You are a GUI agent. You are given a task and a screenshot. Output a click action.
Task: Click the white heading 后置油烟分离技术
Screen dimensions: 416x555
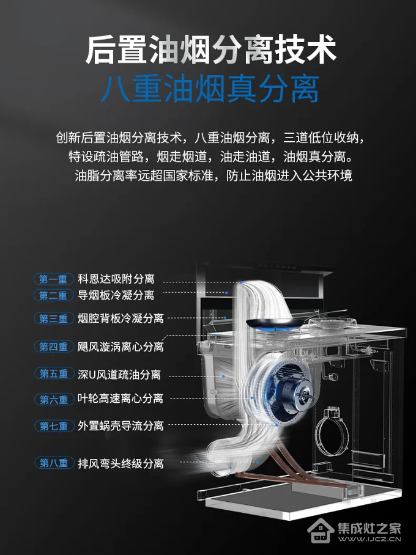[x=210, y=50]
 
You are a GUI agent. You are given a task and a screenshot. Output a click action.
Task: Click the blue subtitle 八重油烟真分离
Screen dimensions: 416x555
[x=210, y=89]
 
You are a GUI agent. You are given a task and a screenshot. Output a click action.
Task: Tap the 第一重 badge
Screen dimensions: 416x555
[x=53, y=279]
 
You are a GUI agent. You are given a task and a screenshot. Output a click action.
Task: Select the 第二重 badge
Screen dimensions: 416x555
[x=53, y=295]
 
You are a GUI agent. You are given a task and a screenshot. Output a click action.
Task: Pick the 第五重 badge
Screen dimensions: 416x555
[x=54, y=373]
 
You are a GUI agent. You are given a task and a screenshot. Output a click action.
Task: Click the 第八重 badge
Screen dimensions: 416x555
[x=54, y=463]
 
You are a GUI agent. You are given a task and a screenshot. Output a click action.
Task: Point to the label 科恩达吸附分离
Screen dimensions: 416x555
[x=116, y=279]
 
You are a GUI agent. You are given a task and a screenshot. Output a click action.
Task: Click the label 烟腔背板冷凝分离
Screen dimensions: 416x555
[x=121, y=318]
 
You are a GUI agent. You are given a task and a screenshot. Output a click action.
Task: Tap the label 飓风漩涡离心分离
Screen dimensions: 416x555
[x=121, y=347]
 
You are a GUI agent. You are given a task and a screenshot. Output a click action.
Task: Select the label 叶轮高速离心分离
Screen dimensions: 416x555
[x=121, y=399]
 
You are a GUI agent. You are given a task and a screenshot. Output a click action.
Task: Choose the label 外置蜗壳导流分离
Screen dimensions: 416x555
[x=121, y=425]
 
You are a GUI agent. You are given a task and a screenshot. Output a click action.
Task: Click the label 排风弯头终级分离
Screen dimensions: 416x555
[x=121, y=463]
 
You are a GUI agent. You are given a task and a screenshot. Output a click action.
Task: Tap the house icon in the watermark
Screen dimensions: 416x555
[x=321, y=531]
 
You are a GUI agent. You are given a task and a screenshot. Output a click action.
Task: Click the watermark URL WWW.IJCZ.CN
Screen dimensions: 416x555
[x=370, y=540]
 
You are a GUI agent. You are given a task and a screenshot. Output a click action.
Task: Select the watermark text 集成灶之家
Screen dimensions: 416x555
[x=370, y=527]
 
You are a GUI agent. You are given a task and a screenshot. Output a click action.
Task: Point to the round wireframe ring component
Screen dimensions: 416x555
[x=332, y=433]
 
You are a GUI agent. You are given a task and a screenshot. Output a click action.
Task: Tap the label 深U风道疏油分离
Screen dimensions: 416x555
[x=119, y=375]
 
